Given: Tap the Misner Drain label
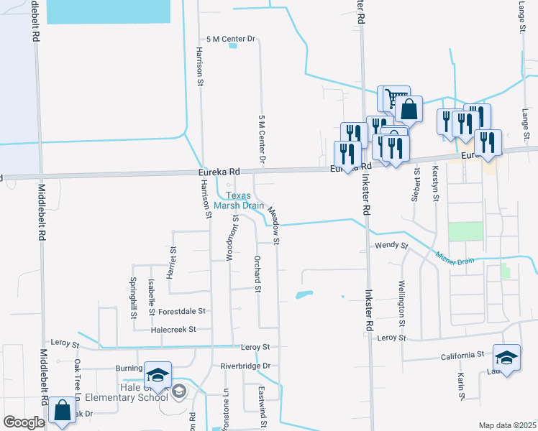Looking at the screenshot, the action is tap(455, 257).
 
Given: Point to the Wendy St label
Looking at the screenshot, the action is tap(391, 246).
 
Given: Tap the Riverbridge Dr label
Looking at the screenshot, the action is tap(245, 366).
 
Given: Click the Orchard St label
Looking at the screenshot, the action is tap(257, 274).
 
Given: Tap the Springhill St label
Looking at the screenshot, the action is tap(134, 298).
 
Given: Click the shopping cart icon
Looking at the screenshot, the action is tap(393, 97).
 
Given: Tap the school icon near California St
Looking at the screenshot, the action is tap(506, 358).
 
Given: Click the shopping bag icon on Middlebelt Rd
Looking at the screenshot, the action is tap(63, 410).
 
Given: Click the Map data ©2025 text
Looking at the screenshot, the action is tap(506, 425).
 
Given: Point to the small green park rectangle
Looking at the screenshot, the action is tap(465, 231).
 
